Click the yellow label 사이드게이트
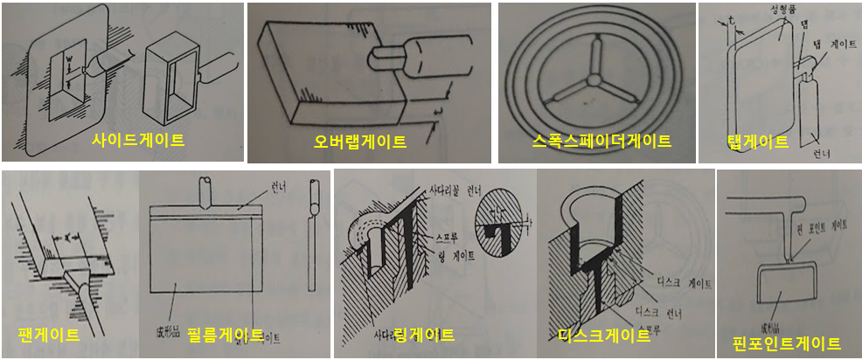138,140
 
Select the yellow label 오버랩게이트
361,141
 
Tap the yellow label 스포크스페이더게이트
601,141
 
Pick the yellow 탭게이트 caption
757,142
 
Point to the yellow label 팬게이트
48,335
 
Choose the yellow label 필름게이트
225,335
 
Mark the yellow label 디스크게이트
601,335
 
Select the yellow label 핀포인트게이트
787,343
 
